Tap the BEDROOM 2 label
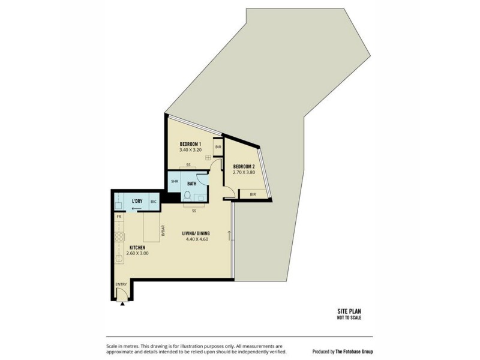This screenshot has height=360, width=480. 244,166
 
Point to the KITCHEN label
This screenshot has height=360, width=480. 138,247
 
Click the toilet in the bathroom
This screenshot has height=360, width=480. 187,196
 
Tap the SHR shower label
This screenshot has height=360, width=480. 174,182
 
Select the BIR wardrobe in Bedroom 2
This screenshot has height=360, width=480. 253,194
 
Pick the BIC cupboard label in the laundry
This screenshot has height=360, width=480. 154,202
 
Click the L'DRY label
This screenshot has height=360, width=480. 137,201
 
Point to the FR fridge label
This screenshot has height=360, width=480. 119,216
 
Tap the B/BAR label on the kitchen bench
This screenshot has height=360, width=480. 163,231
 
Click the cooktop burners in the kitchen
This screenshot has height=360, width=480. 119,235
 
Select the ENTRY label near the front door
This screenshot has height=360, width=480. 121,286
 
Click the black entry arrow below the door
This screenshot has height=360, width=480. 123,304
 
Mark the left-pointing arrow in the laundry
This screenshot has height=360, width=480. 137,209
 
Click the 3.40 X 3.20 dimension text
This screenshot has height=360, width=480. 191,151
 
